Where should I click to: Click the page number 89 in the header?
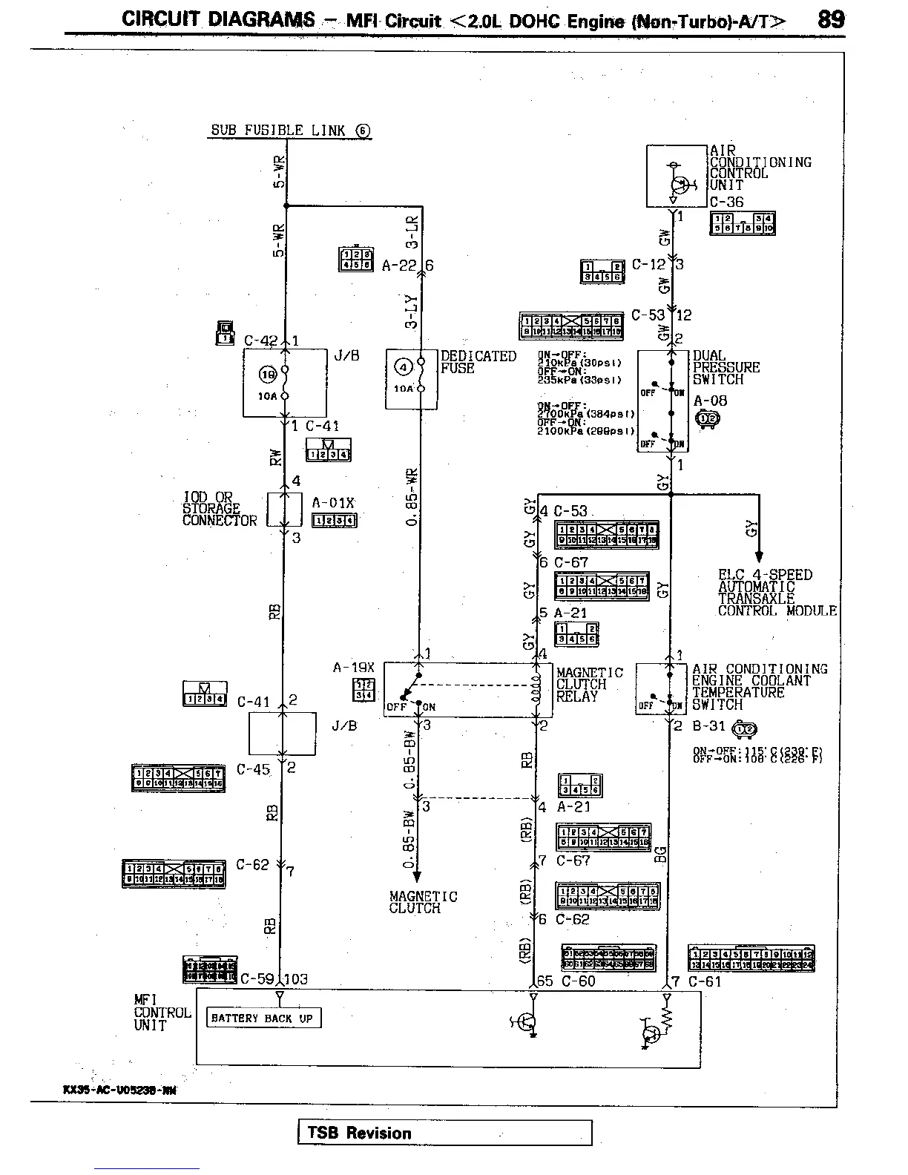[831, 19]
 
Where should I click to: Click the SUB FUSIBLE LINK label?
[278, 131]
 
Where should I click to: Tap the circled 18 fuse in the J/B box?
[268, 374]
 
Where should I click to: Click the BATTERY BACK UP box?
[263, 1018]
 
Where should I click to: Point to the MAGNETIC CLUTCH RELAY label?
[590, 684]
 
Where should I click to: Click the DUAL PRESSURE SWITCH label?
[726, 367]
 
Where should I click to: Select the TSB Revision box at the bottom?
[445, 1133]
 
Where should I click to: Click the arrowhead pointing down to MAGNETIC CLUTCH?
[416, 876]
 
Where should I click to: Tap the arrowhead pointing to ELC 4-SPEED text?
[758, 557]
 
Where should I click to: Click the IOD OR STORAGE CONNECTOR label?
[220, 509]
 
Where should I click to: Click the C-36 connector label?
[726, 202]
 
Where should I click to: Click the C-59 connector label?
[257, 979]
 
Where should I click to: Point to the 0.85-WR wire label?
[412, 496]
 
